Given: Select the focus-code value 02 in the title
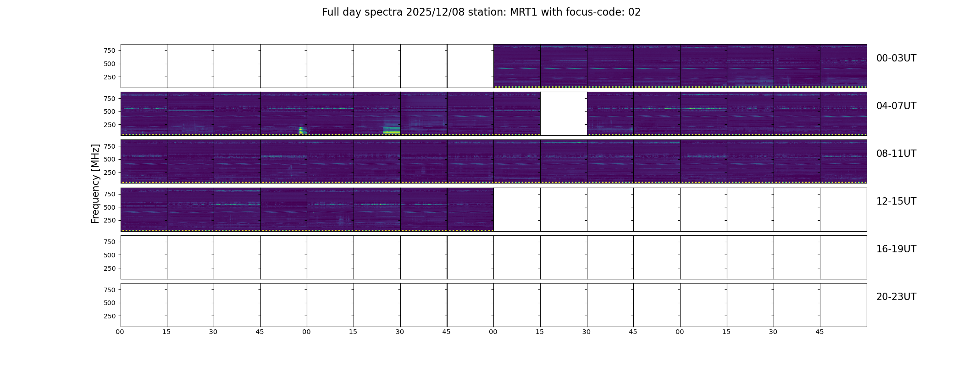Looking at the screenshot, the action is click(634, 12).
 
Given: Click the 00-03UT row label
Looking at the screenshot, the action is click(896, 58).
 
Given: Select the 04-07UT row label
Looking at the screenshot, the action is click(896, 106).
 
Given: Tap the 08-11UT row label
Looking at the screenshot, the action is click(896, 154).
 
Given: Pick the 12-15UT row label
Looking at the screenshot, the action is click(896, 201).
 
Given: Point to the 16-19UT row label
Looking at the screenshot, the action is click(896, 249).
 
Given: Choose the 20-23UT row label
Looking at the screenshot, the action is click(896, 297).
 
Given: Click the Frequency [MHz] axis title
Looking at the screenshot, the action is click(95, 183).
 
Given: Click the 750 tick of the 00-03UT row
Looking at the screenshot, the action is click(110, 50).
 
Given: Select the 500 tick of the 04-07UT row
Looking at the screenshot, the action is click(110, 111).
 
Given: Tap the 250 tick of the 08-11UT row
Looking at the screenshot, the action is click(110, 172).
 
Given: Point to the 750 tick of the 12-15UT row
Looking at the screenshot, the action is click(110, 194).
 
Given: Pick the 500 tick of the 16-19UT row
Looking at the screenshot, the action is click(110, 255).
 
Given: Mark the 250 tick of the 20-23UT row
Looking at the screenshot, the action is click(110, 316).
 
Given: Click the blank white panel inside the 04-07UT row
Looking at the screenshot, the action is click(564, 113).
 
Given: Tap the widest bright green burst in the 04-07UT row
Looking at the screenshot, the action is click(392, 130).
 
